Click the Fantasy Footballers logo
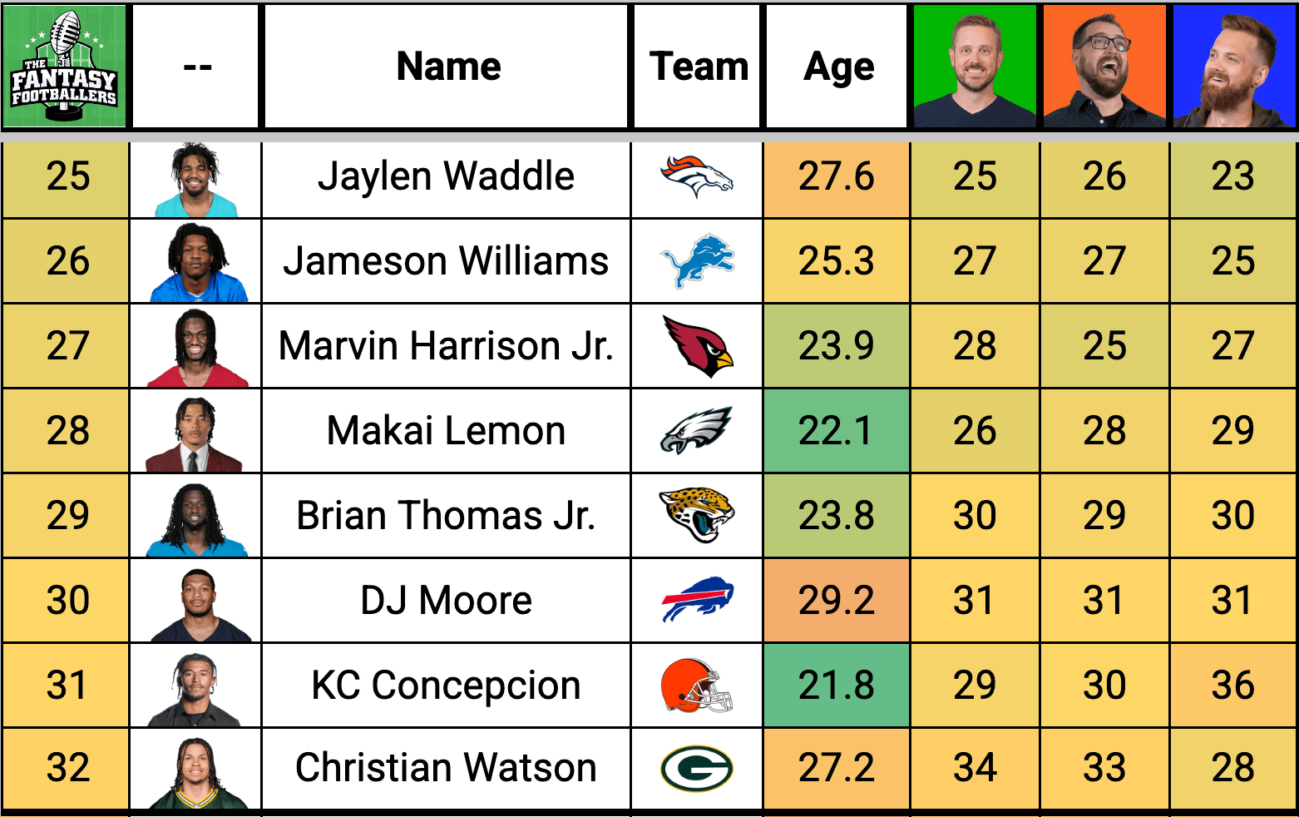64,66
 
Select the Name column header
448,67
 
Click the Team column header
699,67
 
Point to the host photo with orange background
1104,67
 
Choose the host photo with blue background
1234,67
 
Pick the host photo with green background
975,67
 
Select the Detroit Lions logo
698,261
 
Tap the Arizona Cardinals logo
699,346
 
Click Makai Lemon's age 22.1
836,431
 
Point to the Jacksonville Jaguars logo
697,515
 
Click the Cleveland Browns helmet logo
697,686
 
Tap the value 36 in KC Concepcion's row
1233,686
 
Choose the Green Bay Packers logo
697,769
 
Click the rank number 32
68,767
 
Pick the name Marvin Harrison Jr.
446,346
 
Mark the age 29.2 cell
836,600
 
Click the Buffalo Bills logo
698,599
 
